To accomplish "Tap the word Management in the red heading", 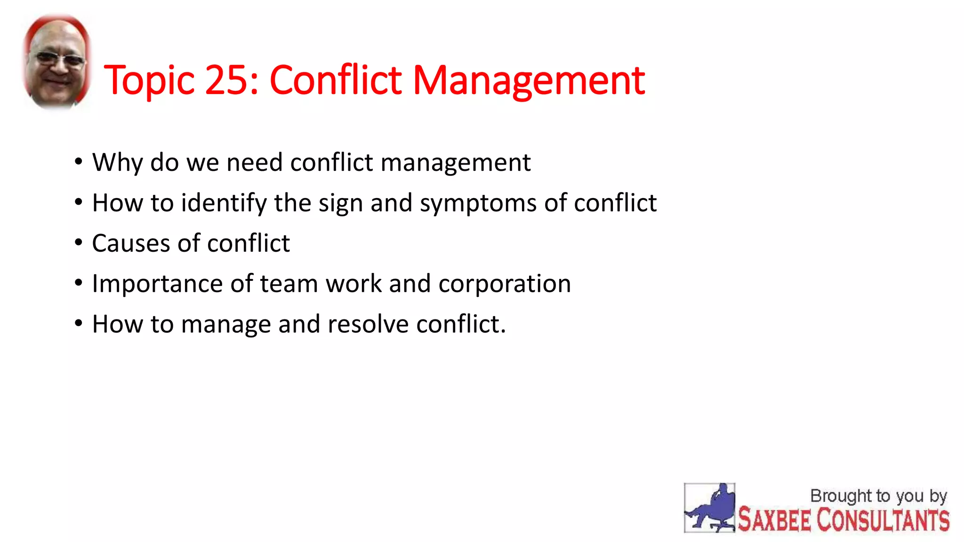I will pos(529,81).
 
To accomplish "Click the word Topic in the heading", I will pos(149,81).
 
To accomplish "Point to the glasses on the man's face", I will pos(58,59).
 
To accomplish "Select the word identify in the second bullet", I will pos(224,204).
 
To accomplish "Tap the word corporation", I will pos(505,284).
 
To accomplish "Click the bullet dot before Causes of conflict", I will pos(79,243).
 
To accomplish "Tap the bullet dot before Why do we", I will pos(79,162).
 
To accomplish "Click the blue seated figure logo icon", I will pos(709,508).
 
